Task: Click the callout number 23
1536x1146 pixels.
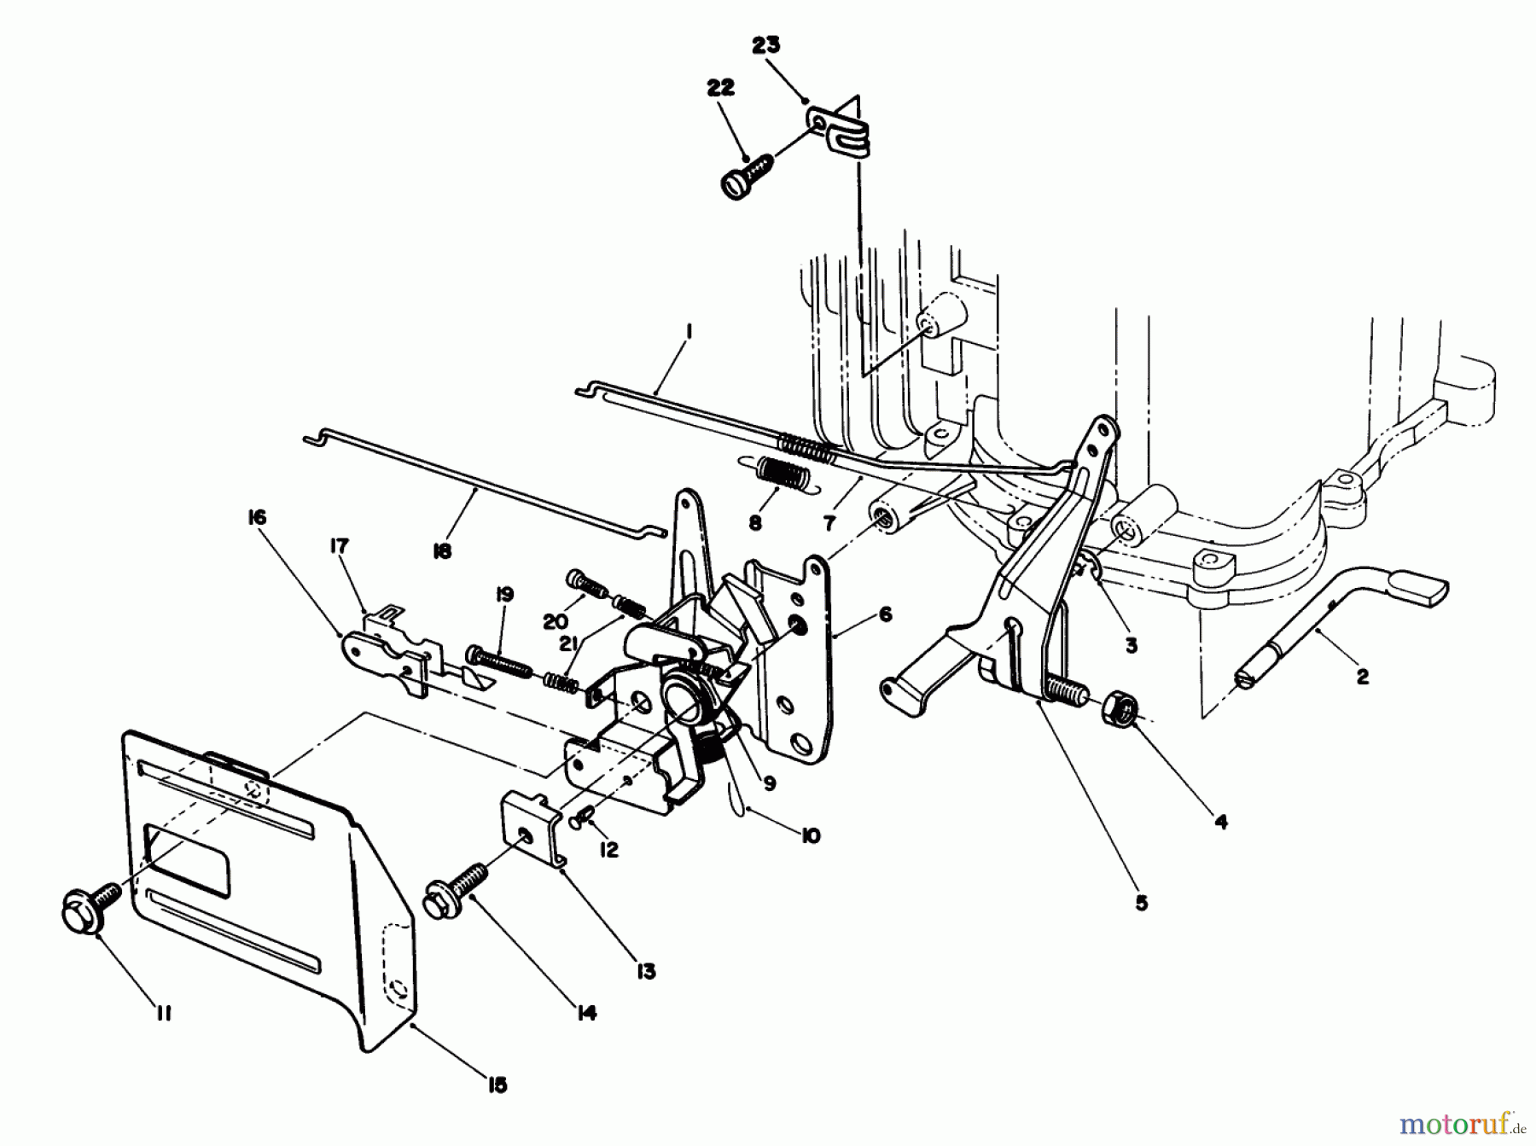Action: (x=765, y=45)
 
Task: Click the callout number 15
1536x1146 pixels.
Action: (x=497, y=1085)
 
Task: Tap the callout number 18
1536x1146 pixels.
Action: (x=441, y=551)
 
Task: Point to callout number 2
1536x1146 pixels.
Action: (x=1362, y=677)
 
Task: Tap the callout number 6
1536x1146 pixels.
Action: (x=885, y=614)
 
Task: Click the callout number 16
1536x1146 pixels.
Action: (x=258, y=518)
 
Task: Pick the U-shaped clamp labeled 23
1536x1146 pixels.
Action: (x=843, y=129)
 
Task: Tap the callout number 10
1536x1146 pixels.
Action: (x=811, y=835)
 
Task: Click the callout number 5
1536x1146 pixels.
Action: (x=1142, y=903)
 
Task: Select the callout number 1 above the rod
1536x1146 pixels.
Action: (x=688, y=331)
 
